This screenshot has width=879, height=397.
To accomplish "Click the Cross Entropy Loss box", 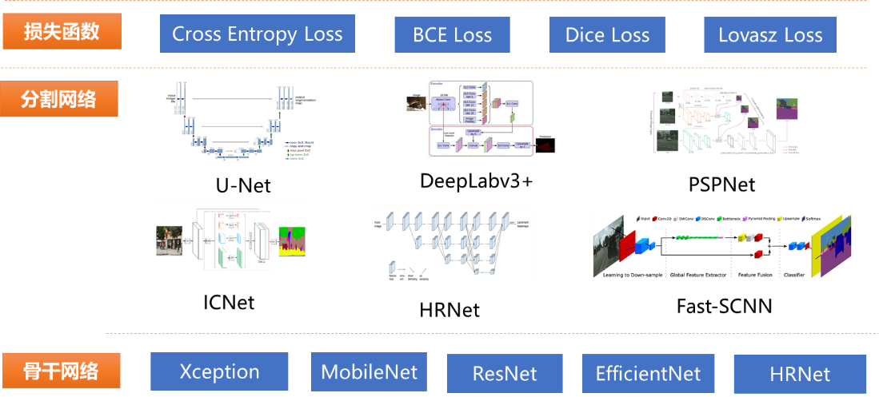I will (x=257, y=34).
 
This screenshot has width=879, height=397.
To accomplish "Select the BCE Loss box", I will (x=452, y=35).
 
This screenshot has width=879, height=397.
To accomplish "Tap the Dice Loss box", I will (x=607, y=35).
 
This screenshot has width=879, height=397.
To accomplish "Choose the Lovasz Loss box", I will (x=769, y=35).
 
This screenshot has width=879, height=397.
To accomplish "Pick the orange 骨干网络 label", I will (x=61, y=371).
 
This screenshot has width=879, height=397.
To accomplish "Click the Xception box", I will (x=219, y=371).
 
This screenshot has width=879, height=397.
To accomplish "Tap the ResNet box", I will (x=504, y=374).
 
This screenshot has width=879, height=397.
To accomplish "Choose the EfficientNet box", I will (x=648, y=373).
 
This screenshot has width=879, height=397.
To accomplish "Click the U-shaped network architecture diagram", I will (x=243, y=121).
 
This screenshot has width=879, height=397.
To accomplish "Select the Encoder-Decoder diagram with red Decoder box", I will (x=479, y=117).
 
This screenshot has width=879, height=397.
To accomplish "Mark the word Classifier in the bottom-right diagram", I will (x=795, y=275).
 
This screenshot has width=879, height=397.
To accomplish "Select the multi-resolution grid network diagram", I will (x=451, y=246).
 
